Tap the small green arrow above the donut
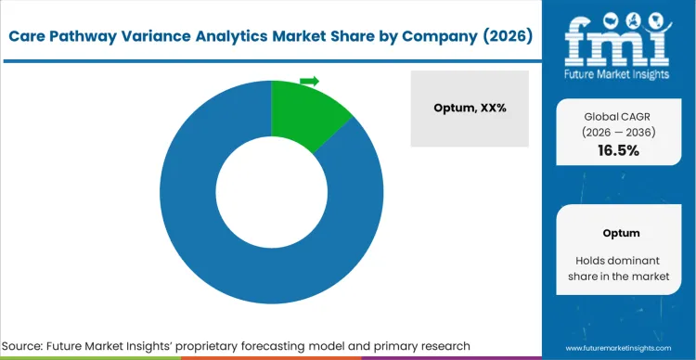click(310, 82)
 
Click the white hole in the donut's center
click(271, 192)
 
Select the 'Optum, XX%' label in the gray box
click(469, 108)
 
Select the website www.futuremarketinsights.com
click(619, 346)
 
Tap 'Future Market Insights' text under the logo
click(619, 70)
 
